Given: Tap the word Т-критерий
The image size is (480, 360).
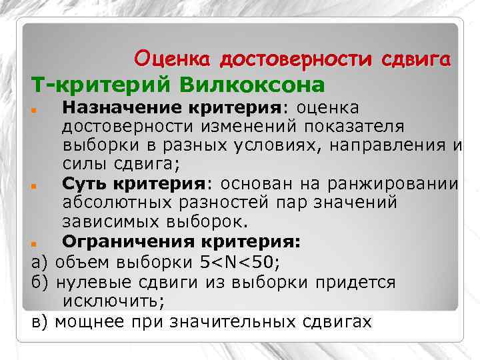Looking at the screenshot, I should [91, 85].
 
